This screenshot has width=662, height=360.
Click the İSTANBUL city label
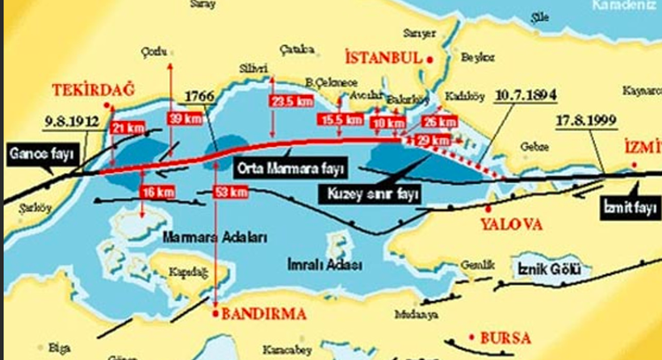point(383,58)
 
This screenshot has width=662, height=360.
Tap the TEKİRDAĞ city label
point(82,90)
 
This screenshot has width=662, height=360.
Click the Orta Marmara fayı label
point(290,169)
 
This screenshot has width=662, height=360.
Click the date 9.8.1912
point(72,122)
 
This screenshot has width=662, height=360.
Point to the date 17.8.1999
point(586,121)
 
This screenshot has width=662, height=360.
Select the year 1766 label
point(199,96)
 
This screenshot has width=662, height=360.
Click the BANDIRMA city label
point(263,314)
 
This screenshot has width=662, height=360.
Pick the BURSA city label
point(506,337)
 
